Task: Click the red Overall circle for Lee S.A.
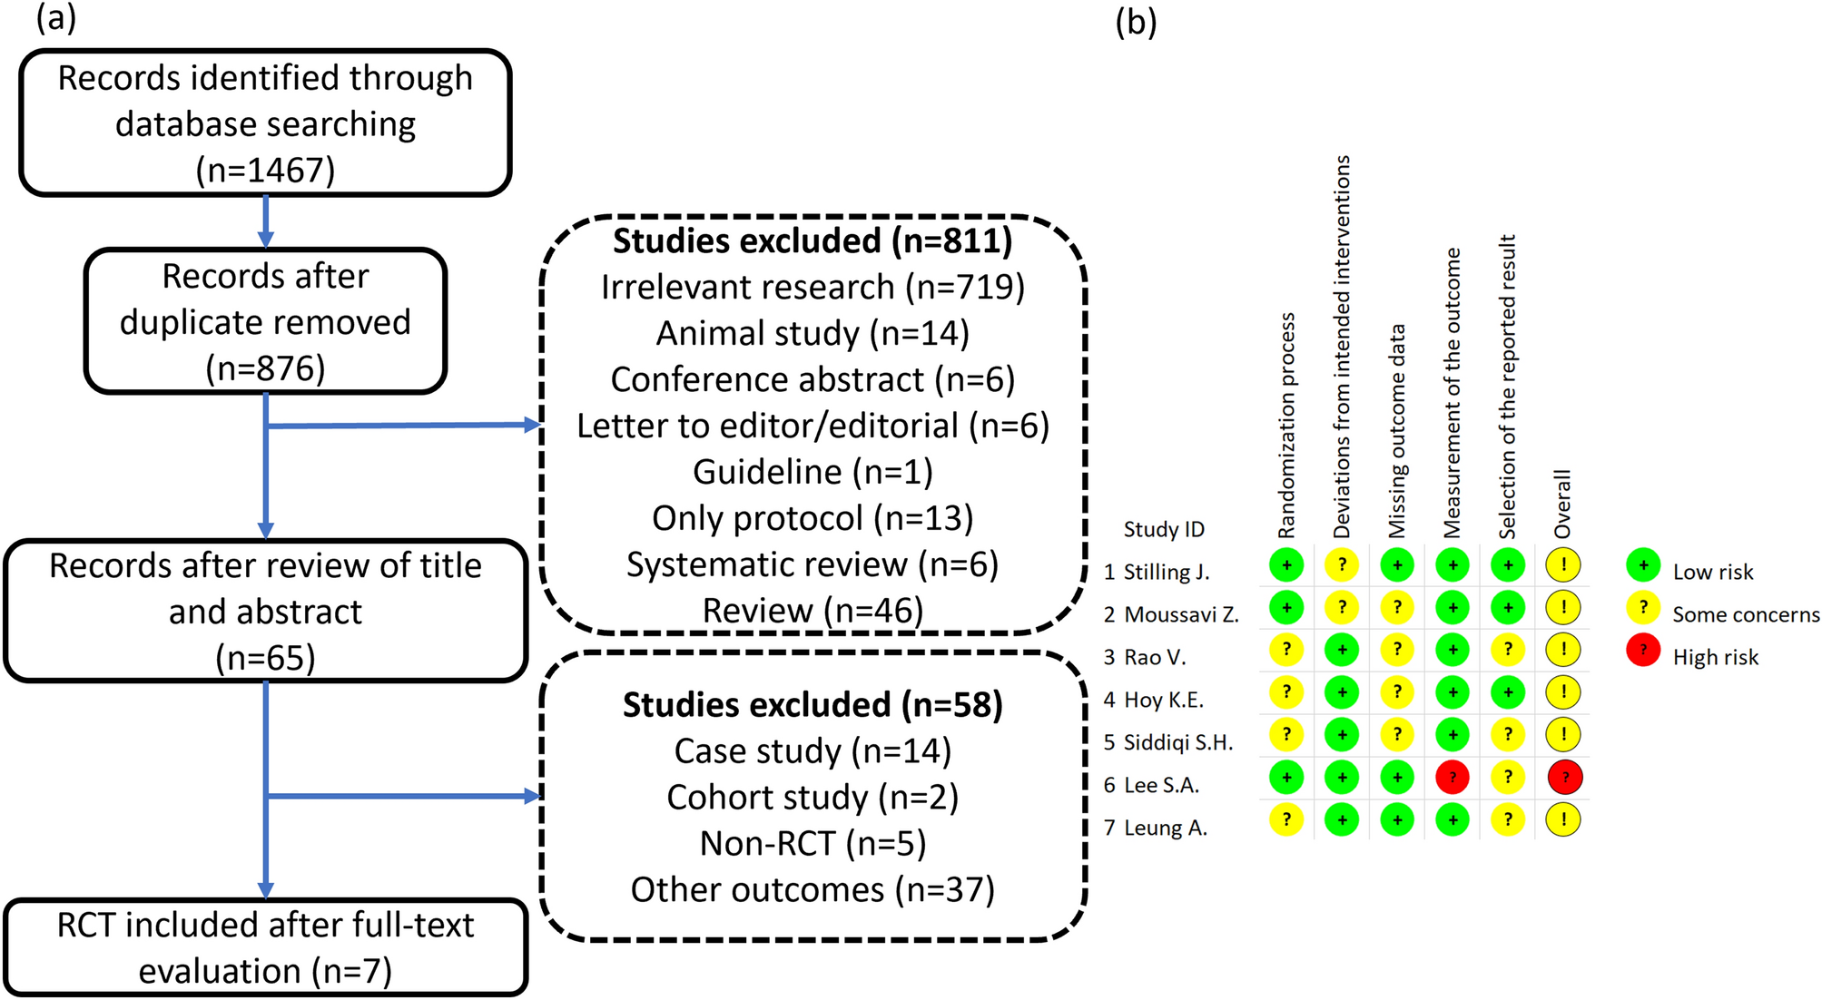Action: pyautogui.click(x=1564, y=778)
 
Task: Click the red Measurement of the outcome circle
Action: pyautogui.click(x=1453, y=778)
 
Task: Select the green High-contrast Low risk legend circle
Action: pyautogui.click(x=1643, y=565)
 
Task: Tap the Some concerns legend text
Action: pyautogui.click(x=1746, y=615)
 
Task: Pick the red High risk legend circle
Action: pyautogui.click(x=1643, y=651)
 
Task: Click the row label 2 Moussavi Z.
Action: pyautogui.click(x=1171, y=615)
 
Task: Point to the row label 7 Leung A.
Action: pyautogui.click(x=1156, y=828)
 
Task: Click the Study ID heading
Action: pyautogui.click(x=1164, y=529)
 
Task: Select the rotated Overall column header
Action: pyautogui.click(x=1562, y=504)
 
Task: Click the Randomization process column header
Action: pyautogui.click(x=1286, y=426)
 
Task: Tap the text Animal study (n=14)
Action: pyautogui.click(x=813, y=334)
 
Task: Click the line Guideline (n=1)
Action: pyautogui.click(x=813, y=472)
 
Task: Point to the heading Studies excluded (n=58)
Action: pyautogui.click(x=813, y=705)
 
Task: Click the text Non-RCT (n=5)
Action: pyautogui.click(x=813, y=844)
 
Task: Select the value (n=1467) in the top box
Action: pyautogui.click(x=265, y=170)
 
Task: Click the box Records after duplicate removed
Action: pyautogui.click(x=265, y=321)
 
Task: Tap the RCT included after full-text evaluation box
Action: pyautogui.click(x=265, y=947)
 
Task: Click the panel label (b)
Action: pyautogui.click(x=1136, y=21)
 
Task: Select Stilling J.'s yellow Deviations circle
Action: pyautogui.click(x=1342, y=565)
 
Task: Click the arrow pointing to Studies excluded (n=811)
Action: pyautogui.click(x=532, y=425)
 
